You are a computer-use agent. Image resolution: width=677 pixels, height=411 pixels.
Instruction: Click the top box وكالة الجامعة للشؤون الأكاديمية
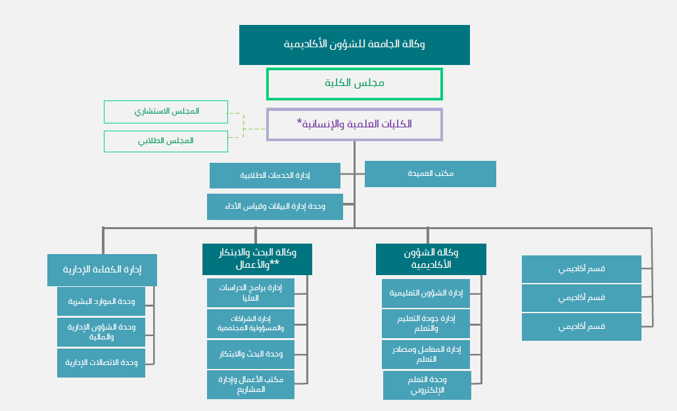tap(354, 45)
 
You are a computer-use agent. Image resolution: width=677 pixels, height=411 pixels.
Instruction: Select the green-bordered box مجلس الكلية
tap(354, 83)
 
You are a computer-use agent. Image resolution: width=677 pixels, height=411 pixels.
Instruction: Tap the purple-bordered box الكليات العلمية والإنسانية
tap(354, 124)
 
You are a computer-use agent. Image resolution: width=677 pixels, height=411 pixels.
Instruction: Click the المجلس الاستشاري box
tap(166, 112)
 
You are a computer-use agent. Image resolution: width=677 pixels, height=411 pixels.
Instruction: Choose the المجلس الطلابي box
tap(166, 141)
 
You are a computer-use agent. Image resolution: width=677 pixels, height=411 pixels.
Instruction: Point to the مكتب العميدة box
tap(430, 174)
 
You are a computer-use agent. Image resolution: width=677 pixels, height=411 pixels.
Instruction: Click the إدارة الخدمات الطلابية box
tap(275, 175)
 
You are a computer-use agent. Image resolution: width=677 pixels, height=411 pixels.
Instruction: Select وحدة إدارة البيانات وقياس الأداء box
tap(275, 206)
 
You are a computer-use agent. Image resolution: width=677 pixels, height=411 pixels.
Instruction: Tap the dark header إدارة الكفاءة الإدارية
tap(102, 270)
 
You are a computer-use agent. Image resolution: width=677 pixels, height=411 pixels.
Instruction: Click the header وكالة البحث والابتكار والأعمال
tap(257, 259)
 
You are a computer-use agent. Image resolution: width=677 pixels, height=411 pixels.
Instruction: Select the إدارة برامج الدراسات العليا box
tap(250, 293)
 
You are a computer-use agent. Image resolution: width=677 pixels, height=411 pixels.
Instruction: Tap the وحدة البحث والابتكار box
tap(250, 354)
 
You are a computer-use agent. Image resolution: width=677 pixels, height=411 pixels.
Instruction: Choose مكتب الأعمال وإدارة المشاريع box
tap(250, 385)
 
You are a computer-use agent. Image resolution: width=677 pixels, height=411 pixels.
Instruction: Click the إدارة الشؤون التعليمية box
tap(426, 293)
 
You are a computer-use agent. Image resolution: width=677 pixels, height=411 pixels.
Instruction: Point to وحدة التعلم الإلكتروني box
tap(427, 385)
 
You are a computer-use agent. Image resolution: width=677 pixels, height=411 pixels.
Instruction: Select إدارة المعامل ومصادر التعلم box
tap(426, 354)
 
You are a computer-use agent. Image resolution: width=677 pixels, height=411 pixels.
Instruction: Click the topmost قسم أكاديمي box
tap(581, 269)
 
